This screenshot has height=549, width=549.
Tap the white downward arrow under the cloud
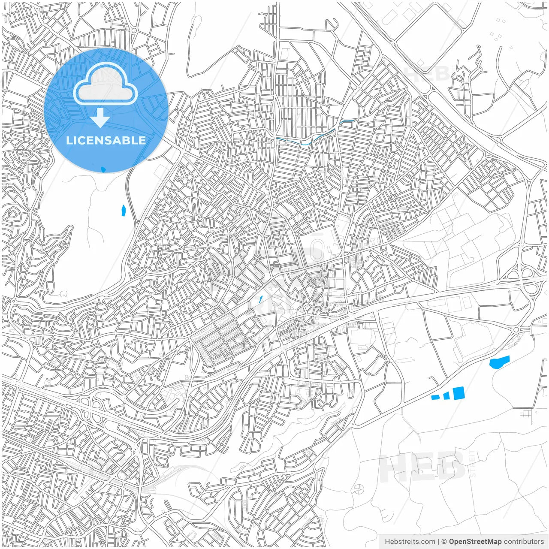pos(100,118)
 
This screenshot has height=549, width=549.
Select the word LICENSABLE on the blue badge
pos(106,140)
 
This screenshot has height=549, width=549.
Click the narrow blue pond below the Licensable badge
pos(124,210)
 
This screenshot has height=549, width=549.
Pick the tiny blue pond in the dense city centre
pos(261,299)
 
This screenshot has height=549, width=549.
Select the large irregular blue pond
pos(499,362)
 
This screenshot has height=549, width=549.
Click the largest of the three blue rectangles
pos(459,393)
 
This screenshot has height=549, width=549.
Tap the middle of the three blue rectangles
pos(446,395)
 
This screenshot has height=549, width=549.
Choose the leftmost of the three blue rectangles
pos(435,397)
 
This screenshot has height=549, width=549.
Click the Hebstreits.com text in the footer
pos(410,542)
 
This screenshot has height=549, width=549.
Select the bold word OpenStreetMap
pos(475,542)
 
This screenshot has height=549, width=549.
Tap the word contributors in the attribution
pos(524,542)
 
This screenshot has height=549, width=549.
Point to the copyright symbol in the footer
pos(444,542)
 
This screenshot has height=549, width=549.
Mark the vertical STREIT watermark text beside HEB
pos(473,463)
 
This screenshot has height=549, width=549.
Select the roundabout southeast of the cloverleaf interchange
pos(516,329)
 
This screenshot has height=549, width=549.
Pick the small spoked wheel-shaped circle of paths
pos(359,489)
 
